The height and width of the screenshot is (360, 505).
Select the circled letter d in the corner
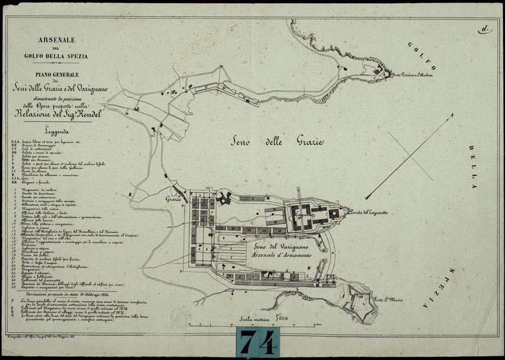[484, 28]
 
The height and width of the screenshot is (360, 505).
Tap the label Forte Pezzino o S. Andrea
[416, 75]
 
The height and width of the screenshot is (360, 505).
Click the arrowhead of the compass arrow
[367, 197]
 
